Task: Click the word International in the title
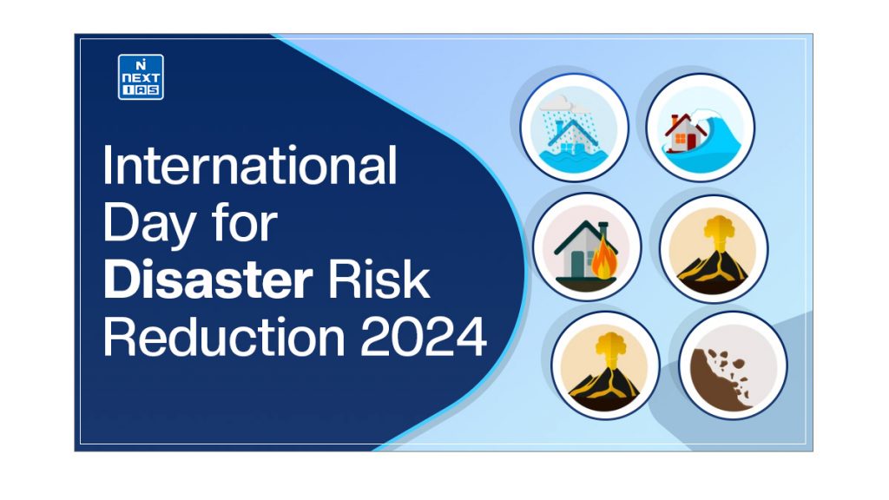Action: (249, 167)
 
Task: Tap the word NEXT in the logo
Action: (141, 76)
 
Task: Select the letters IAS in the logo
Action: (141, 89)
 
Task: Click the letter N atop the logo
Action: (141, 63)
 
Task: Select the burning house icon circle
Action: (587, 247)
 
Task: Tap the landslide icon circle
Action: (733, 365)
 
